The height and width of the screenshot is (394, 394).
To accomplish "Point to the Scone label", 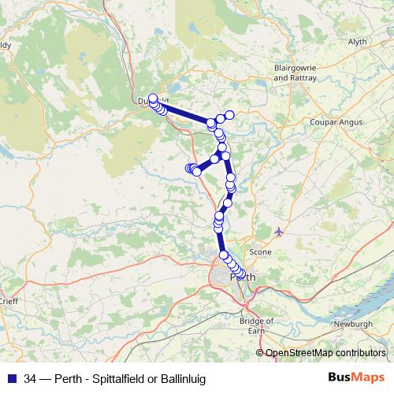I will coord(260,251).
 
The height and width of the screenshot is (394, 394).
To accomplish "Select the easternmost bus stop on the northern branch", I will coord(230,115).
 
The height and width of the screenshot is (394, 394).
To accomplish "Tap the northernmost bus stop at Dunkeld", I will coord(153,98).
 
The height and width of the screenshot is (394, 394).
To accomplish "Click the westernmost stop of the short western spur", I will coord(189,168).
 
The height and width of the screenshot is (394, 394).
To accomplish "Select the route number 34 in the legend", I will coord(31,379).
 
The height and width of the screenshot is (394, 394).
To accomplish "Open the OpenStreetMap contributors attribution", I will coord(325,353).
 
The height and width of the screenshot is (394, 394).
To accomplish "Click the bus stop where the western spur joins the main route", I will coord(214,158).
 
